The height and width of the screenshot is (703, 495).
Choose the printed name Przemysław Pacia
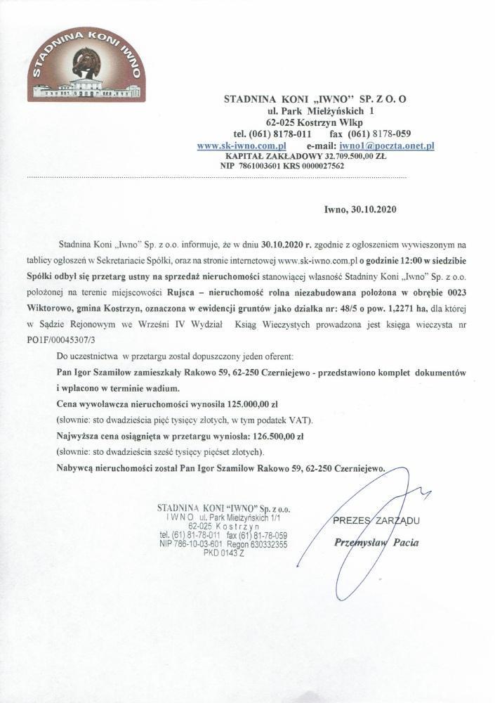point(378,543)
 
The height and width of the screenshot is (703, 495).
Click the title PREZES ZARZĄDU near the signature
point(377,521)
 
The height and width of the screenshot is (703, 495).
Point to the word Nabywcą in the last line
point(77,466)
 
